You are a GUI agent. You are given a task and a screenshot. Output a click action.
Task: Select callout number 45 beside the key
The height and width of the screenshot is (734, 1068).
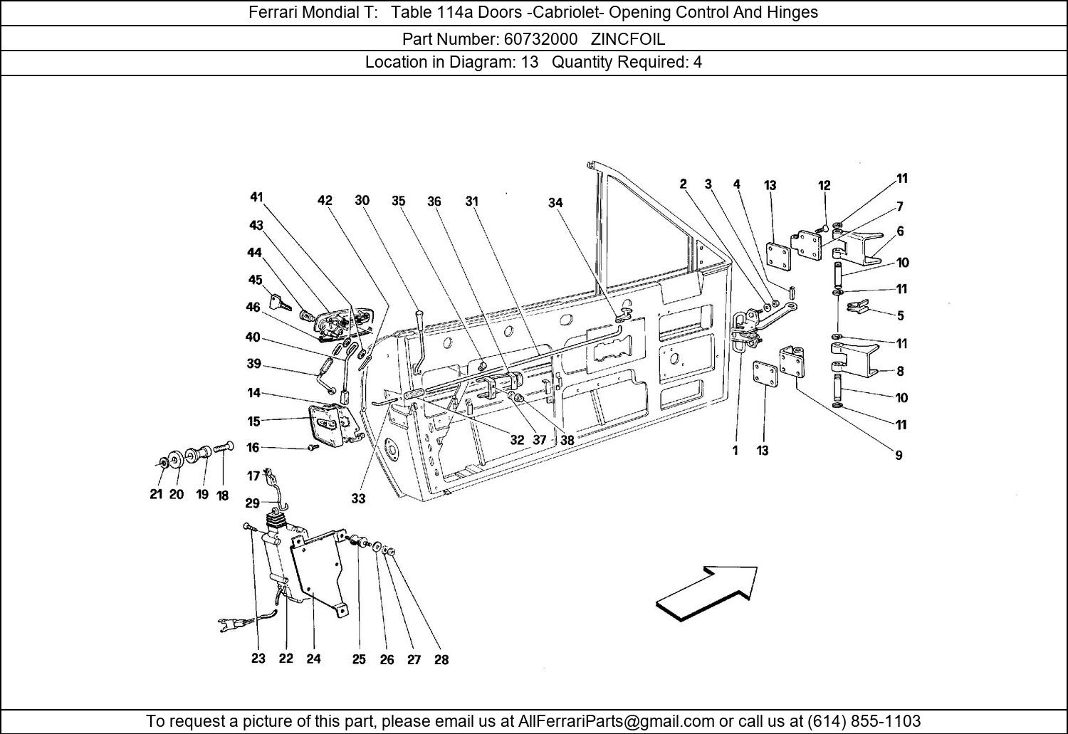click(255, 280)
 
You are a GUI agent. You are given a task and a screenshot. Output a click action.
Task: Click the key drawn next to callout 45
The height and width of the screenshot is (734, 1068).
click(281, 304)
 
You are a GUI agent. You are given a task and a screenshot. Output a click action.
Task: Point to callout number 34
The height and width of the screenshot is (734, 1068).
click(555, 203)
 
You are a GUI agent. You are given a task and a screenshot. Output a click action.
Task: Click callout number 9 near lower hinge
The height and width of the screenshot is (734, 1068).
click(899, 455)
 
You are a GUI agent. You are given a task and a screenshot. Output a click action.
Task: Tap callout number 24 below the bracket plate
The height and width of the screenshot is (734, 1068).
click(313, 659)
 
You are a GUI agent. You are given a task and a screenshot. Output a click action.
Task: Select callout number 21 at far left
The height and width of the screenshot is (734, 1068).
click(157, 494)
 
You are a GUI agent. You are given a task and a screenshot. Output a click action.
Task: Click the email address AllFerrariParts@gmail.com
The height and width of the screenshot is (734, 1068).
click(617, 720)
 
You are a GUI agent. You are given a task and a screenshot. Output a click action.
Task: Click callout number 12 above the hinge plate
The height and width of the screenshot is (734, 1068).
click(824, 186)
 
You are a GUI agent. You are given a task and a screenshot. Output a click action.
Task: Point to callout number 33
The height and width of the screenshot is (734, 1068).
click(358, 499)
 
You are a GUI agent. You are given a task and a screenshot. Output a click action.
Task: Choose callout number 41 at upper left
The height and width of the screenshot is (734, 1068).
click(256, 197)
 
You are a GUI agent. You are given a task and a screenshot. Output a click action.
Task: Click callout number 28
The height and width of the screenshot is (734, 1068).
click(441, 660)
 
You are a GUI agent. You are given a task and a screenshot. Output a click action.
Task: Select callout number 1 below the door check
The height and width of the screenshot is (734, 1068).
click(735, 450)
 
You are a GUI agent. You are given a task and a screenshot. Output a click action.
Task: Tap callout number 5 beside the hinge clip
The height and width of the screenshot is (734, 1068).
click(901, 315)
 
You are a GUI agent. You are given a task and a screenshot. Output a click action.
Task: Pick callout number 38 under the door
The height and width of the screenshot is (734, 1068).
click(567, 440)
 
